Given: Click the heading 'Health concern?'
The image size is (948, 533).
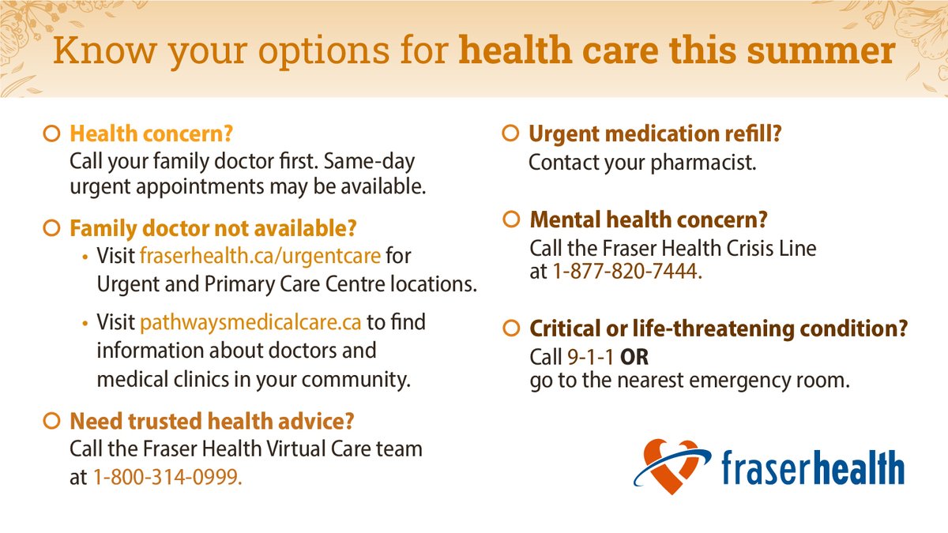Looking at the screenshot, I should click(x=152, y=134).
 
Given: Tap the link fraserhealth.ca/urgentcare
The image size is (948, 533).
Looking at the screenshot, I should click(x=260, y=257).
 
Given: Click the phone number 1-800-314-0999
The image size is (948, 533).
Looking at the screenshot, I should click(x=167, y=477).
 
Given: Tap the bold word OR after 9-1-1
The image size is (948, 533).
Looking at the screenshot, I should click(x=634, y=357).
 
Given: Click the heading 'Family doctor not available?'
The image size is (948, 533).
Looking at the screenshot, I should click(x=213, y=229).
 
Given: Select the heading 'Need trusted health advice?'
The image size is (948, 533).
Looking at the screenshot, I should click(x=212, y=420).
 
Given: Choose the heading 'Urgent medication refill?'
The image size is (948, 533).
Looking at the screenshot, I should click(x=655, y=134).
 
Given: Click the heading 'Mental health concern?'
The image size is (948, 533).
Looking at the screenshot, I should click(x=648, y=219).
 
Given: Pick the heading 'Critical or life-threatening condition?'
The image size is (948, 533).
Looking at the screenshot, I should click(x=718, y=328).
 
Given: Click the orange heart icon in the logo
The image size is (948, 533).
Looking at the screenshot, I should click(x=671, y=466).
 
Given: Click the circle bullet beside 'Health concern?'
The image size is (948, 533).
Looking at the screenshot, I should click(x=51, y=134).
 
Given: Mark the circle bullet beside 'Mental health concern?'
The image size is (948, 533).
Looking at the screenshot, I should click(x=511, y=219).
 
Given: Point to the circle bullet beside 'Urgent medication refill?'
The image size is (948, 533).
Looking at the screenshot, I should click(x=511, y=134).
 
